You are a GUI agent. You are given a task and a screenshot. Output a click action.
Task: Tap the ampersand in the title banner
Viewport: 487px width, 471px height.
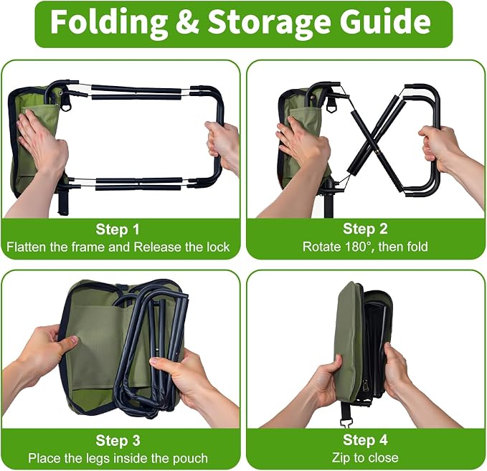click(187, 22)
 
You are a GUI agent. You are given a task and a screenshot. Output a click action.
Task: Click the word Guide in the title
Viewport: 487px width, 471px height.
click(385, 22)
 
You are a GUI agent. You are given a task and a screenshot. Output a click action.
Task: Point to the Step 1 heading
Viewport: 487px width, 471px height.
click(118, 229)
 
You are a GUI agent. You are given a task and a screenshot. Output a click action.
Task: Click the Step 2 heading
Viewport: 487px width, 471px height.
click(365, 229)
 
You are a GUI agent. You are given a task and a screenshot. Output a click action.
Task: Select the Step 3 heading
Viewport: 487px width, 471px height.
click(118, 441)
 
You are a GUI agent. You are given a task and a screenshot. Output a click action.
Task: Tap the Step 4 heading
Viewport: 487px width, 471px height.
click(365, 440)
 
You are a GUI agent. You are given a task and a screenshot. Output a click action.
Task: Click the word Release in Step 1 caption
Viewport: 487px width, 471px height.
click(158, 247)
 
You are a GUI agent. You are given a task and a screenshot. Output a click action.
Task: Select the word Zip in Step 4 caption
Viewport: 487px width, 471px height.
click(340, 458)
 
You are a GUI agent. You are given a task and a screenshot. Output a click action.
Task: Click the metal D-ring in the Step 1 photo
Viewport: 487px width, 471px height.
click(66, 106)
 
